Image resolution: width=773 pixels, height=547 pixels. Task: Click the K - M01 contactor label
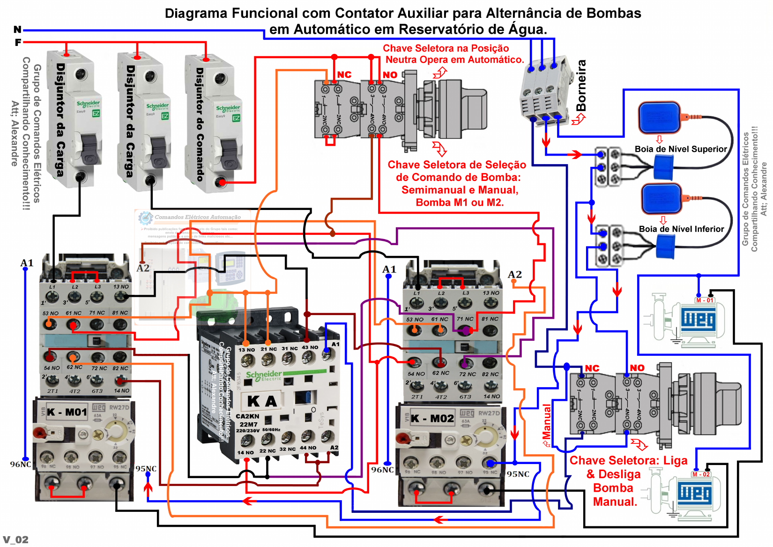(x=67, y=412)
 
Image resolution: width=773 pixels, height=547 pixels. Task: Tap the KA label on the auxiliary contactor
(x=262, y=401)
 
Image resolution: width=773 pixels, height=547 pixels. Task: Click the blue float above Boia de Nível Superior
(x=659, y=118)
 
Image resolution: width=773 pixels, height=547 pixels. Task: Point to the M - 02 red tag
(x=701, y=474)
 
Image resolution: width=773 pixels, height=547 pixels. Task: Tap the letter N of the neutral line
(x=17, y=30)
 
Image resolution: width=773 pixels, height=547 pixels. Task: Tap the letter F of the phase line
(x=18, y=42)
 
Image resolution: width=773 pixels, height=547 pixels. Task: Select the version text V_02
(x=15, y=540)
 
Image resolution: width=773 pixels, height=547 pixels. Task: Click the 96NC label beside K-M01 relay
(x=21, y=464)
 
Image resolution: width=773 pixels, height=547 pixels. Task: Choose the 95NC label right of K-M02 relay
(x=518, y=474)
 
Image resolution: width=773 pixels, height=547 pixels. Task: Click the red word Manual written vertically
(x=547, y=421)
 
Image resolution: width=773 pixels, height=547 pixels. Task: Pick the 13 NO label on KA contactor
(x=246, y=350)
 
